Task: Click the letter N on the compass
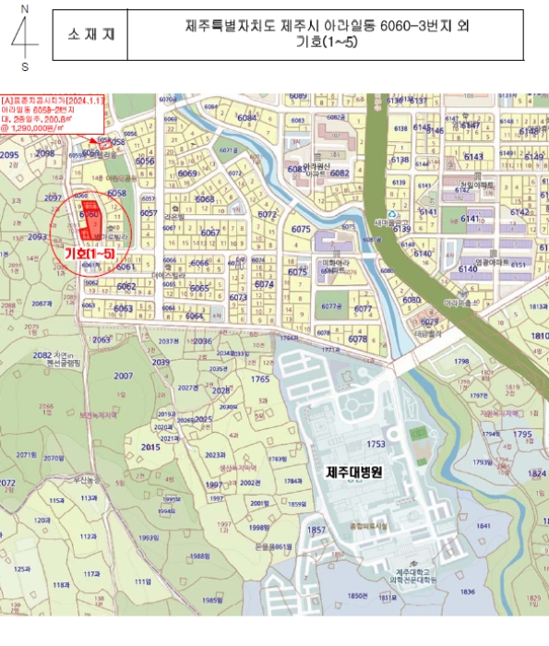(x=25, y=7)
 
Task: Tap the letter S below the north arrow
(x=25, y=66)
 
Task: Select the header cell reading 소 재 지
(x=90, y=34)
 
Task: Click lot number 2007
(x=123, y=377)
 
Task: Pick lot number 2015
(x=150, y=447)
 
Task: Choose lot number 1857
(x=316, y=531)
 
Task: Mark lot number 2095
(x=9, y=156)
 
